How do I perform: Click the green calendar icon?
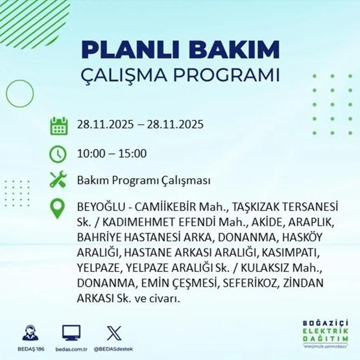point(58,125)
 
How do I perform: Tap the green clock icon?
point(58,153)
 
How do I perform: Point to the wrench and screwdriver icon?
point(58,180)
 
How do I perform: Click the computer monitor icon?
point(71,332)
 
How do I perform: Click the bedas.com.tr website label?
point(71,349)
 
